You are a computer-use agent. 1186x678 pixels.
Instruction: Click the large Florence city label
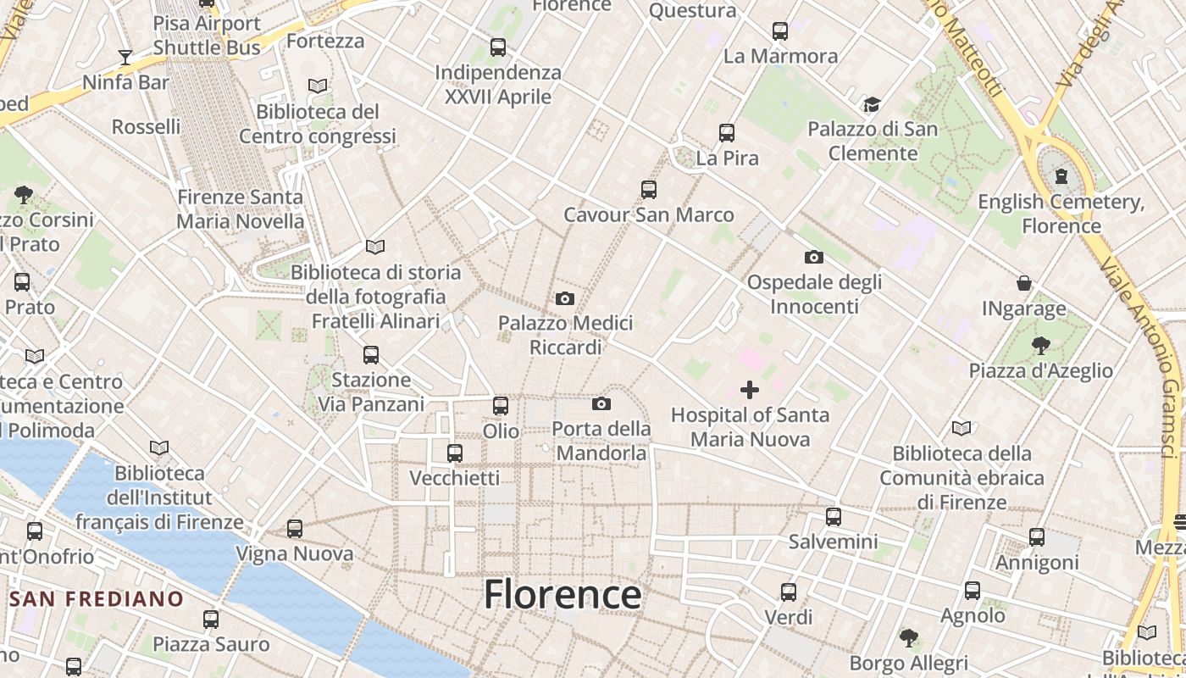tap(563, 594)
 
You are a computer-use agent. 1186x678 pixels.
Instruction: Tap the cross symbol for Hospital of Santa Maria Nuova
tap(750, 390)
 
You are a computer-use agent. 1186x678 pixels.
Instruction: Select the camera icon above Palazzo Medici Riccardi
tap(565, 298)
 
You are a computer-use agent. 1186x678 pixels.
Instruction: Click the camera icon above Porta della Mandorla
tap(601, 403)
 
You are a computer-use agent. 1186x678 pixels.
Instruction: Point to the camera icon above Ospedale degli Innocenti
tap(813, 257)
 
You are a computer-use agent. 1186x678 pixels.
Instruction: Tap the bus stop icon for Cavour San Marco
tap(649, 190)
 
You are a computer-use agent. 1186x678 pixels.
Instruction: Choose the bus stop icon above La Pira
tap(727, 133)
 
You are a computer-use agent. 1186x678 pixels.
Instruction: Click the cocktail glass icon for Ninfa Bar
tap(125, 58)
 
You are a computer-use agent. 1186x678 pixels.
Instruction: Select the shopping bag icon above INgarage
tap(1024, 283)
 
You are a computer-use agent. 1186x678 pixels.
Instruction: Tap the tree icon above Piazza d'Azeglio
tap(1040, 346)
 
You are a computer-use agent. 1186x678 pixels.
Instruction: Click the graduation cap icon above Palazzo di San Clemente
tap(872, 105)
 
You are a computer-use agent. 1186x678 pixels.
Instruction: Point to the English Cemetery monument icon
tap(1061, 177)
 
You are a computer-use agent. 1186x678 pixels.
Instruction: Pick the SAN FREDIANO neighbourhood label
tap(97, 599)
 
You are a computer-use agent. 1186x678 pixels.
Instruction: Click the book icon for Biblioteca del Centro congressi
tap(318, 86)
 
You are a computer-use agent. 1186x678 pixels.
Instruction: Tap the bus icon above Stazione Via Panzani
tap(371, 355)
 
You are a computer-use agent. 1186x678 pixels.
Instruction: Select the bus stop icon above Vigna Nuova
tap(295, 529)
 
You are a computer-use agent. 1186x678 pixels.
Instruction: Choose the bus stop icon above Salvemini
tap(834, 516)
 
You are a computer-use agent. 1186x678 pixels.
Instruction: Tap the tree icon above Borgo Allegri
tap(909, 637)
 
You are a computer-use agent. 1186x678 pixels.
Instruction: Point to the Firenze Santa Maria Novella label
tap(240, 209)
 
